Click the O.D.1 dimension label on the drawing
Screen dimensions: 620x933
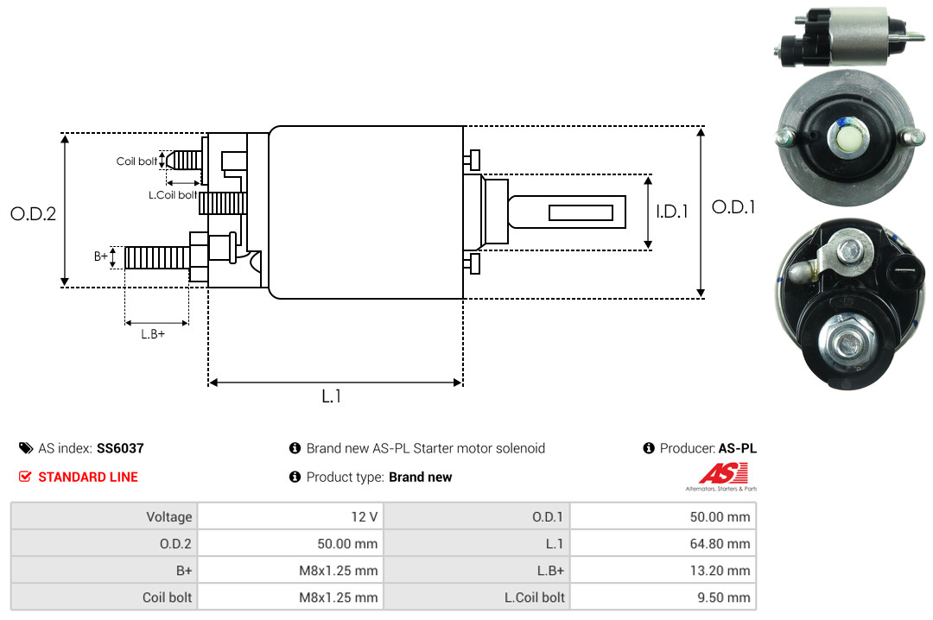click(733, 207)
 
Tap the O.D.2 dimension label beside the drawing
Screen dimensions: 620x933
click(33, 213)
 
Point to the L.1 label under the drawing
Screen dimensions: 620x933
click(332, 396)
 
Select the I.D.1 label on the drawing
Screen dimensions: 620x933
click(671, 211)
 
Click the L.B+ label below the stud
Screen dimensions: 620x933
click(153, 333)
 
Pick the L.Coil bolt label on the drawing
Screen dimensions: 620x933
click(174, 195)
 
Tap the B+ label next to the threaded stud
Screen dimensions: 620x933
click(101, 256)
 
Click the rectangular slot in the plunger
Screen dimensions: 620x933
click(581, 212)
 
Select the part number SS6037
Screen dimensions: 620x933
click(120, 448)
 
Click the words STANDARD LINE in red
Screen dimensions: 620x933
click(87, 477)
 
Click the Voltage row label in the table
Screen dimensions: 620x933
click(168, 516)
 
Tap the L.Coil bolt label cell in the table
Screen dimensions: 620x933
click(534, 597)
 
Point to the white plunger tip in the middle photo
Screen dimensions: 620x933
click(845, 136)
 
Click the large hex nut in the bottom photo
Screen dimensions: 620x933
click(845, 342)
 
